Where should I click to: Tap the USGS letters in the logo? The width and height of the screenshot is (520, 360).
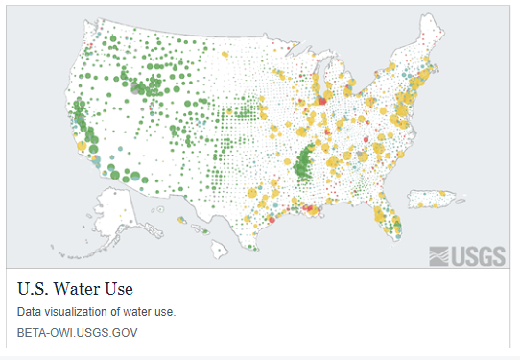[x=473, y=254]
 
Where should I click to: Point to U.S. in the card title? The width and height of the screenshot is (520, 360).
[x=35, y=288]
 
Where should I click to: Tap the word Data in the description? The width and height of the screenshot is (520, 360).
[x=30, y=312]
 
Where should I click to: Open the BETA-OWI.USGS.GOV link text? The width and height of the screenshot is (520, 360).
[x=78, y=333]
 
